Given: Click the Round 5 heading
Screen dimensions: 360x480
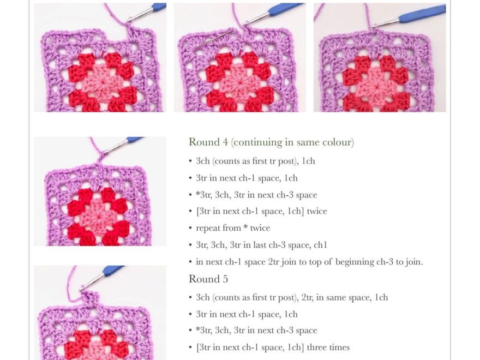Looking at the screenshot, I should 208,279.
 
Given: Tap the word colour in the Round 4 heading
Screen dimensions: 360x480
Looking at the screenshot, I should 337,142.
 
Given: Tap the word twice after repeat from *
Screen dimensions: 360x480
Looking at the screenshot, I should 259,228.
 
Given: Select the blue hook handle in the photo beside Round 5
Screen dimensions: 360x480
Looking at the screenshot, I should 113,269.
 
